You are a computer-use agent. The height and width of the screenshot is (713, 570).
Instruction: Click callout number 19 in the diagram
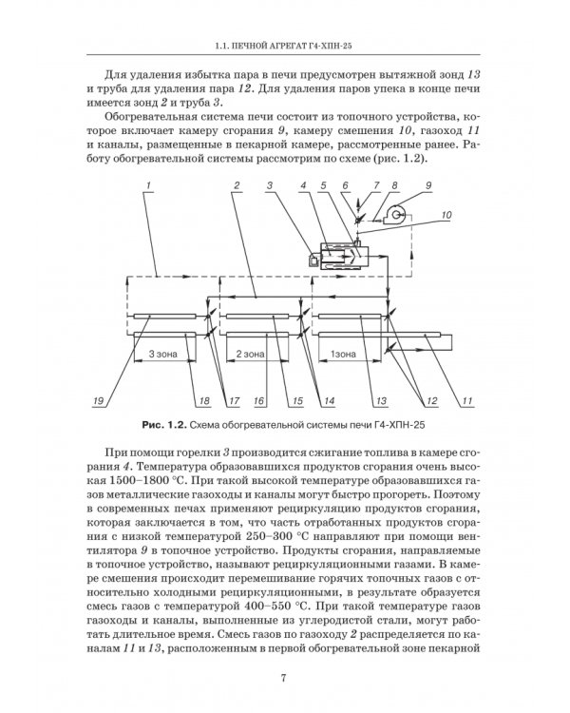tap(98, 400)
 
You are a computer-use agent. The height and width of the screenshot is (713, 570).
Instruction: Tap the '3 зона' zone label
tap(162, 354)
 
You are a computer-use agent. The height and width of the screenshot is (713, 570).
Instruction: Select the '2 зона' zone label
tap(250, 354)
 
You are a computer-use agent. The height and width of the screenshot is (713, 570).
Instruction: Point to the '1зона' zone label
tap(343, 354)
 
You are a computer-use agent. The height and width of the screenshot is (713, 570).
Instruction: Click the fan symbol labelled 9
tap(396, 213)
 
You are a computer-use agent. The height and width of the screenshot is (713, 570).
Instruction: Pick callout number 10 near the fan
tap(446, 215)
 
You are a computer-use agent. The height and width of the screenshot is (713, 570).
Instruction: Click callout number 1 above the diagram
tap(148, 185)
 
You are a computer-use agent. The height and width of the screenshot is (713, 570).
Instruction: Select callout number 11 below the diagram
tap(467, 400)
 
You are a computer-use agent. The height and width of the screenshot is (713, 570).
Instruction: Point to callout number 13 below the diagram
tap(381, 400)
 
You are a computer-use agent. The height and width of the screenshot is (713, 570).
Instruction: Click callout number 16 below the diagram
tap(258, 400)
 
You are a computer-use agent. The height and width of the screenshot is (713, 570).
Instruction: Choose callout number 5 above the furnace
tap(323, 185)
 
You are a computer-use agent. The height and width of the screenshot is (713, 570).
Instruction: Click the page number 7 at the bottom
tap(284, 678)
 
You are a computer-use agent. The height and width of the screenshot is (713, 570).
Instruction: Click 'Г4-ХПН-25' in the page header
tap(332, 46)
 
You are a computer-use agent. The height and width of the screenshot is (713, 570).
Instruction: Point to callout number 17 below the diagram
tap(234, 400)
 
